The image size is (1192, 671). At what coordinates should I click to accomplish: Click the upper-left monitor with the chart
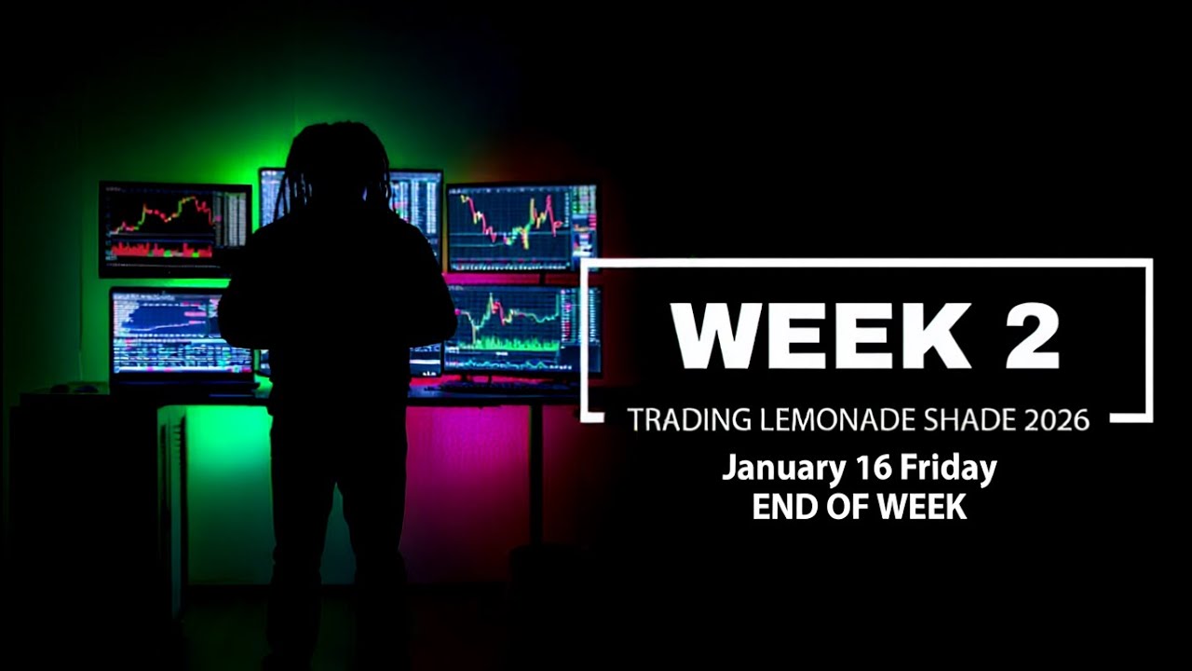tap(174, 226)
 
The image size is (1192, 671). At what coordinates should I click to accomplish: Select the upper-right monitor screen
tap(521, 226)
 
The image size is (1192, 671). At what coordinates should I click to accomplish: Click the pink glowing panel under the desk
tap(466, 475)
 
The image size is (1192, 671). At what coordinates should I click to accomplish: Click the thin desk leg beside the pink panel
tap(536, 475)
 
